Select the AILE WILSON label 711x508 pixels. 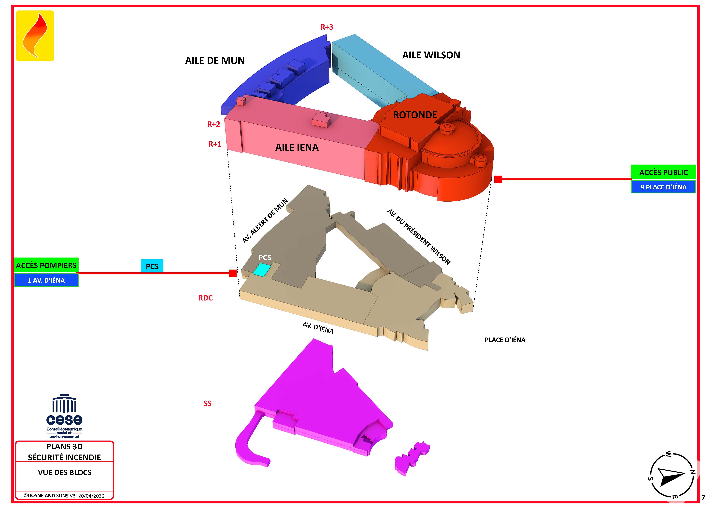[431, 55]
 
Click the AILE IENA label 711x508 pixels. [297, 147]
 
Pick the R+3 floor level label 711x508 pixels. [327, 27]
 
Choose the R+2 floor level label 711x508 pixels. [214, 124]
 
